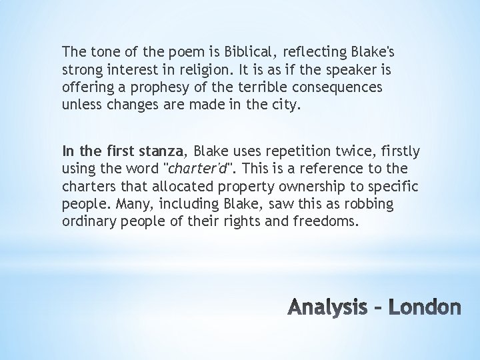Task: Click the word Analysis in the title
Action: click(x=329, y=307)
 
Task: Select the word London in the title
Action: click(x=424, y=307)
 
